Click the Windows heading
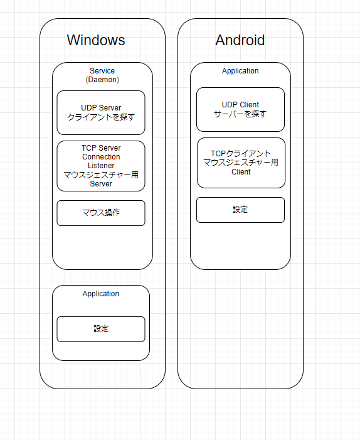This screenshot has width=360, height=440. pos(96,40)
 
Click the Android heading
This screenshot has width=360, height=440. pos(240,40)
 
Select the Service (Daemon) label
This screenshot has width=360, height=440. pos(102,75)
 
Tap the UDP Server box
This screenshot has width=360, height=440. pos(101,112)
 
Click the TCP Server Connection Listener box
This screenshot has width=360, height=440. pos(101,166)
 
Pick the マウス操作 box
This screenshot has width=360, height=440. pos(101,213)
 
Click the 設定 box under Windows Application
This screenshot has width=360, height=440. pos(101,329)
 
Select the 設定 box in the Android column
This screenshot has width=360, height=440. pos(240,210)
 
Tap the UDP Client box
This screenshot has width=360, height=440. pos(240,109)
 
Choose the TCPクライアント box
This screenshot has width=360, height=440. pos(241,163)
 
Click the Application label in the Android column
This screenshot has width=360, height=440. pos(240,71)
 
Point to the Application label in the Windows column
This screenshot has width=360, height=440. pos(100,294)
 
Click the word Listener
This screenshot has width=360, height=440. pos(101,166)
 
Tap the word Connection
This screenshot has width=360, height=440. pos(101,156)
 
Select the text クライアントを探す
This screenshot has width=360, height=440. pos(101,117)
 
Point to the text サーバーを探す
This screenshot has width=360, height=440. pos(240,114)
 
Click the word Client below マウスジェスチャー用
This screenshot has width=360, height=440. pos(241,172)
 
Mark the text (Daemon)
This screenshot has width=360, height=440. pos(102,80)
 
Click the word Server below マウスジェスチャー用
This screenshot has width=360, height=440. pos(101,184)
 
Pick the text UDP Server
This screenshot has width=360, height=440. pos(101,108)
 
